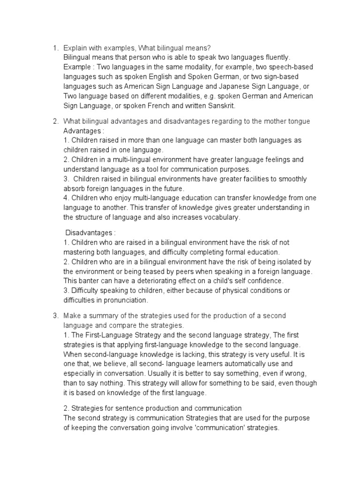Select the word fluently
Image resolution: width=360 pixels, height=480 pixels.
click(271, 57)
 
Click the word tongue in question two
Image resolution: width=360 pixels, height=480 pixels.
click(298, 121)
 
